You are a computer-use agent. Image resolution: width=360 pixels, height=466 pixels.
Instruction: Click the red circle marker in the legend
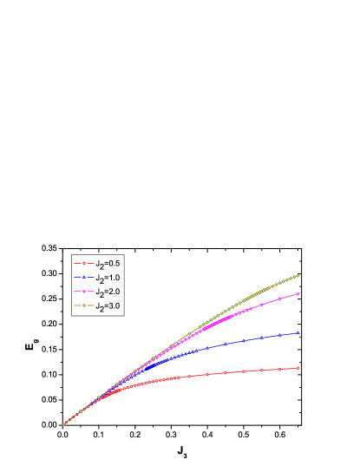point(83,263)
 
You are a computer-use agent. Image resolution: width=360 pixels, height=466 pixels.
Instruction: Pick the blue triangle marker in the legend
point(83,278)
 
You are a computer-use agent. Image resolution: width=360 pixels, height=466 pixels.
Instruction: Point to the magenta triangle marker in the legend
point(83,292)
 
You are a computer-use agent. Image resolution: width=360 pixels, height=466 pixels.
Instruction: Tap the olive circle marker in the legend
point(83,307)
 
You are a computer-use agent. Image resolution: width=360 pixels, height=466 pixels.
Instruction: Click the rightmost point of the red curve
point(298,368)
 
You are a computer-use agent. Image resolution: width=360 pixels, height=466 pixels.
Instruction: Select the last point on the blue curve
point(298,332)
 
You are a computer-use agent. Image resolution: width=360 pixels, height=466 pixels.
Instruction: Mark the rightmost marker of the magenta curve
point(298,294)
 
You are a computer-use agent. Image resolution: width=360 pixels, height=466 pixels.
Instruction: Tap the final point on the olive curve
point(298,276)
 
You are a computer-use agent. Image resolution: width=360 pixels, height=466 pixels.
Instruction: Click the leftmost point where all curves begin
point(64,424)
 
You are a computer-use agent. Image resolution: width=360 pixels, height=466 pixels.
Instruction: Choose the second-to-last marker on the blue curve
point(279,336)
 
